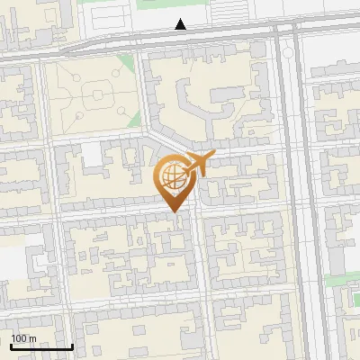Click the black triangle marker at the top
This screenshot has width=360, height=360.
[x=181, y=24]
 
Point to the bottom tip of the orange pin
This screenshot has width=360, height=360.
[x=176, y=212]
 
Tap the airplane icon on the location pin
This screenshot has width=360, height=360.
[x=198, y=165]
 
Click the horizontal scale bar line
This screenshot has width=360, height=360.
[x=41, y=346]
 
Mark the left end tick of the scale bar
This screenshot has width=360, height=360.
[x=11, y=345]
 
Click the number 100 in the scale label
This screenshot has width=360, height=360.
[x=19, y=337]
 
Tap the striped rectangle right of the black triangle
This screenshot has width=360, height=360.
[x=230, y=12]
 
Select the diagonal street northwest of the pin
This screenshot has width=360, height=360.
[x=166, y=139]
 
